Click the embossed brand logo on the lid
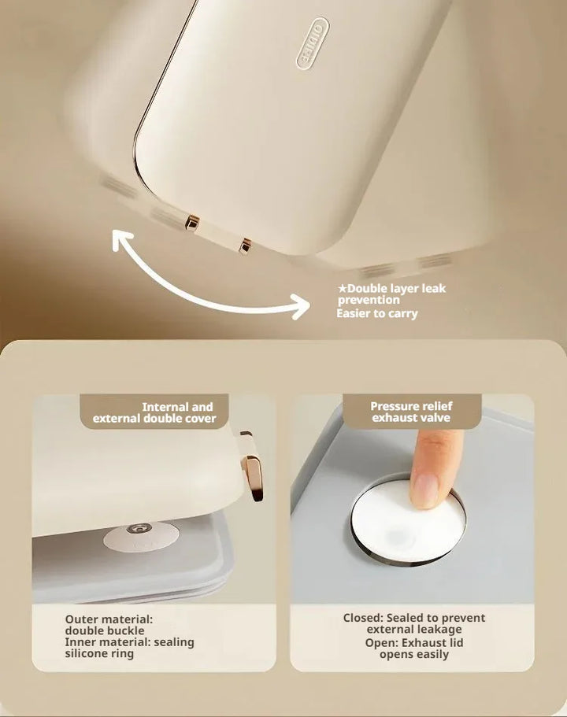pos(313,44)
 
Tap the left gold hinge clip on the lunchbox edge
pos(191,223)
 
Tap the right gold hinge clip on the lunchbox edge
pos(245,246)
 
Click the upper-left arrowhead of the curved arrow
pos(121,239)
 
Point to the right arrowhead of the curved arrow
pos(301,306)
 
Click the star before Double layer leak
pos(343,289)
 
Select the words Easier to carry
pos(377,314)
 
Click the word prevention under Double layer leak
pos(369,300)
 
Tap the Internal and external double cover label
pos(154,412)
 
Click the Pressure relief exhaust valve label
pos(411,412)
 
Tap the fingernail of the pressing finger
pos(424,490)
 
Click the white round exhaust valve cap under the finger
pos(407,520)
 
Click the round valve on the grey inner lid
pos(141,536)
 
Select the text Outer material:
pos(109,619)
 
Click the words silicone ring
pos(99,653)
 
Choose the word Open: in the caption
pos(382,642)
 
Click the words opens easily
pos(414,654)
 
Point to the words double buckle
pos(104,630)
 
